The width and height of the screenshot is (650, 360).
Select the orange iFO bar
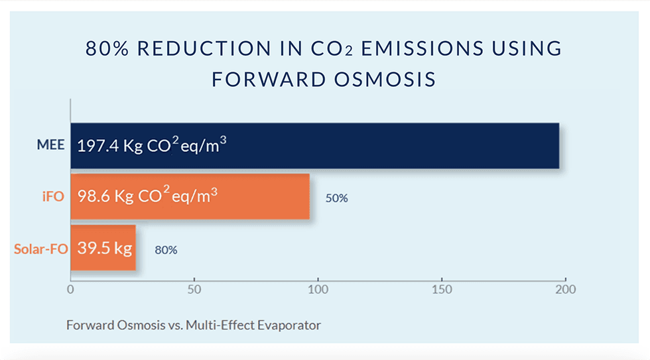tap(265, 196)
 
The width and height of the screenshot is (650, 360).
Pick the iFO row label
tap(52, 197)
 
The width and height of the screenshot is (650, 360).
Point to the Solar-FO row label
tap(38, 249)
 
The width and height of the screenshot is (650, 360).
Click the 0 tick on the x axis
tap(70, 290)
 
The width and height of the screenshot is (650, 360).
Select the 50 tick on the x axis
tap(194, 290)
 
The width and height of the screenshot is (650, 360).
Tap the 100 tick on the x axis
tap(318, 290)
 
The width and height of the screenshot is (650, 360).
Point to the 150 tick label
tap(442, 290)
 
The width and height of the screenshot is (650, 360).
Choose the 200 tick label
tap(566, 290)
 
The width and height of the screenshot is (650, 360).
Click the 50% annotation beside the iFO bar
tap(336, 198)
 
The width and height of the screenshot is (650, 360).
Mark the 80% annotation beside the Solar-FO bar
tap(166, 251)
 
